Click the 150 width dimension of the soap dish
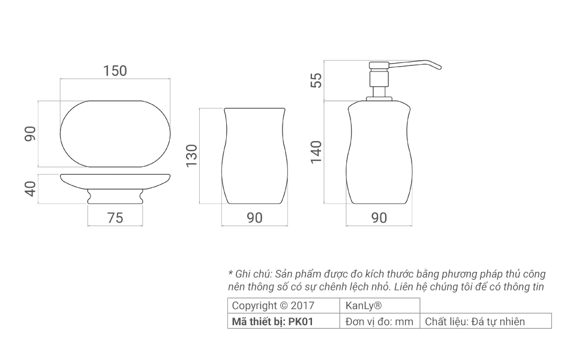pyautogui.click(x=115, y=71)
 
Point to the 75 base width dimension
pyautogui.click(x=115, y=218)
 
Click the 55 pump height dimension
pyautogui.click(x=316, y=80)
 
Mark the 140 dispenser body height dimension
pyautogui.click(x=316, y=152)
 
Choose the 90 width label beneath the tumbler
pyautogui.click(x=254, y=218)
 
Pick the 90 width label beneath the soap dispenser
pyautogui.click(x=379, y=218)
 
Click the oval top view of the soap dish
pyautogui.click(x=115, y=133)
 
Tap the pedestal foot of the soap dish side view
pyautogui.click(x=115, y=197)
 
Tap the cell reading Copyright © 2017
pyautogui.click(x=273, y=305)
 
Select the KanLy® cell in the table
pyautogui.click(x=360, y=305)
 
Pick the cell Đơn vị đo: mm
pyautogui.click(x=380, y=322)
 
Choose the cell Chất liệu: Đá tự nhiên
pyautogui.click(x=475, y=322)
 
